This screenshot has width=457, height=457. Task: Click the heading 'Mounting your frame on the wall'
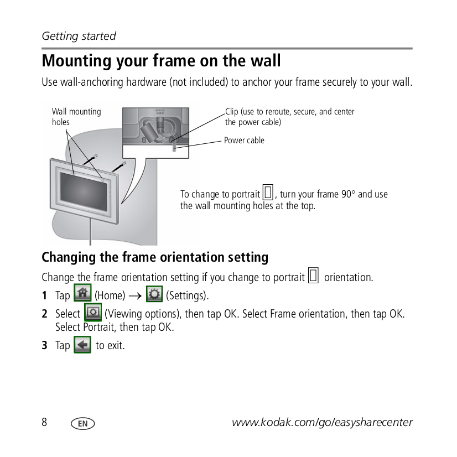(x=161, y=60)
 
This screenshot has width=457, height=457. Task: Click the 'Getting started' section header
(x=79, y=36)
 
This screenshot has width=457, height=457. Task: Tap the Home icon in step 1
(x=82, y=293)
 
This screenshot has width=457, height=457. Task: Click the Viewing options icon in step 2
(x=92, y=313)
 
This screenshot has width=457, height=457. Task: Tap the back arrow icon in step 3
(x=82, y=345)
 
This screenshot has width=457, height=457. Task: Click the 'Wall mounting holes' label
(x=76, y=117)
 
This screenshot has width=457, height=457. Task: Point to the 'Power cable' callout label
(x=244, y=141)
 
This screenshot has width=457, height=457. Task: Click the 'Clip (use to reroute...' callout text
(x=289, y=117)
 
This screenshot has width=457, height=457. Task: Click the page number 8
(x=45, y=422)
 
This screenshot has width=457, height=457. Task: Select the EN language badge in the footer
(x=83, y=423)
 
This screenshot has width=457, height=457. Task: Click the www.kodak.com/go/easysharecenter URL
(x=322, y=423)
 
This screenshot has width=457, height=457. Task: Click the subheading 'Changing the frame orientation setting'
(x=155, y=257)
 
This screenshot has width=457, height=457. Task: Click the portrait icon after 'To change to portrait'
(x=268, y=193)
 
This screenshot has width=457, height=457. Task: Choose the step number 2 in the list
(x=45, y=314)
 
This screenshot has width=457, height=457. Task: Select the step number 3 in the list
(x=45, y=346)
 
